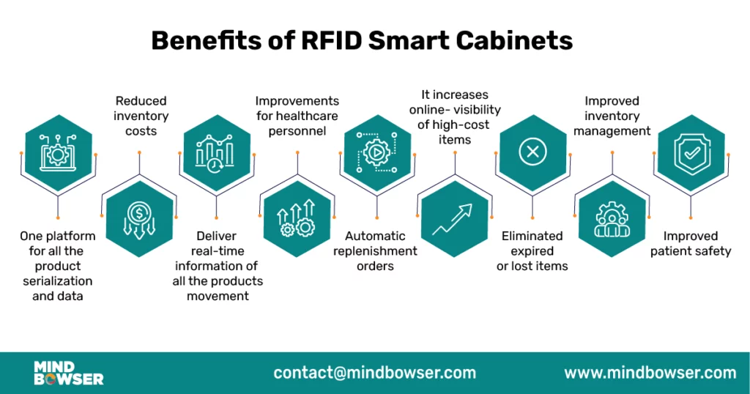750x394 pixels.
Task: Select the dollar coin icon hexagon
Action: click(x=139, y=218)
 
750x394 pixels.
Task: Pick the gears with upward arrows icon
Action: click(x=297, y=218)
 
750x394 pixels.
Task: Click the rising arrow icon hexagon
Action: click(x=455, y=218)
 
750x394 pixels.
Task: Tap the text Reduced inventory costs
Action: click(x=141, y=116)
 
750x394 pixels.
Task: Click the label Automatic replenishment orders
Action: click(x=376, y=250)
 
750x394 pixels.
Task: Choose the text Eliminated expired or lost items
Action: click(x=532, y=250)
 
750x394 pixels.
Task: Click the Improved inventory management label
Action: click(x=612, y=116)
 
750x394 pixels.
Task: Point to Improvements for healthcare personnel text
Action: click(x=297, y=116)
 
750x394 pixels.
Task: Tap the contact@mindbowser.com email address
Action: click(x=375, y=373)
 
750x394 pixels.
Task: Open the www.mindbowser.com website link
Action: click(x=650, y=373)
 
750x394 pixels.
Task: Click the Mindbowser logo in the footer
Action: click(x=68, y=373)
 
